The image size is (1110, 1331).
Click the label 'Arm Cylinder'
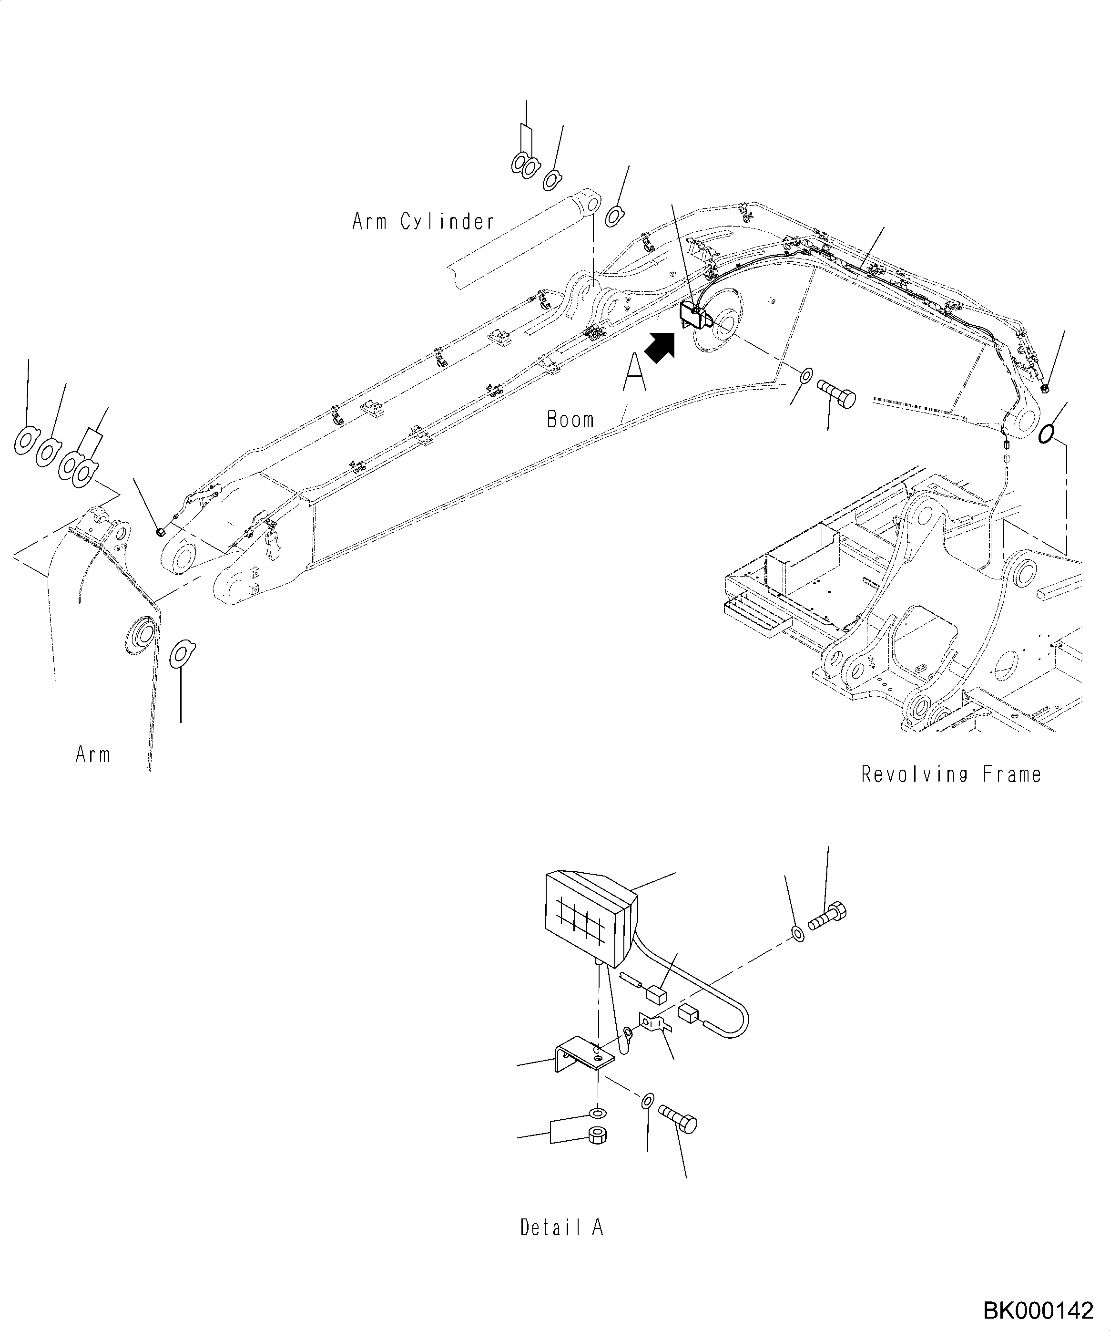pyautogui.click(x=423, y=222)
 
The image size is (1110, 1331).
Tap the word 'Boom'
pyautogui.click(x=570, y=420)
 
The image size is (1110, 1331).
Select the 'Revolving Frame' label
pyautogui.click(x=951, y=774)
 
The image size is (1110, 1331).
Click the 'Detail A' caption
pyautogui.click(x=561, y=1228)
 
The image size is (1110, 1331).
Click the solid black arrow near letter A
pyautogui.click(x=660, y=348)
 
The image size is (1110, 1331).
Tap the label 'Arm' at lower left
pyautogui.click(x=92, y=755)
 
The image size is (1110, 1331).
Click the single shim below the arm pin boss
pyautogui.click(x=183, y=654)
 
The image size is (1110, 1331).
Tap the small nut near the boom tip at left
pyautogui.click(x=160, y=530)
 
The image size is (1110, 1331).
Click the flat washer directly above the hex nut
pyautogui.click(x=597, y=1112)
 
